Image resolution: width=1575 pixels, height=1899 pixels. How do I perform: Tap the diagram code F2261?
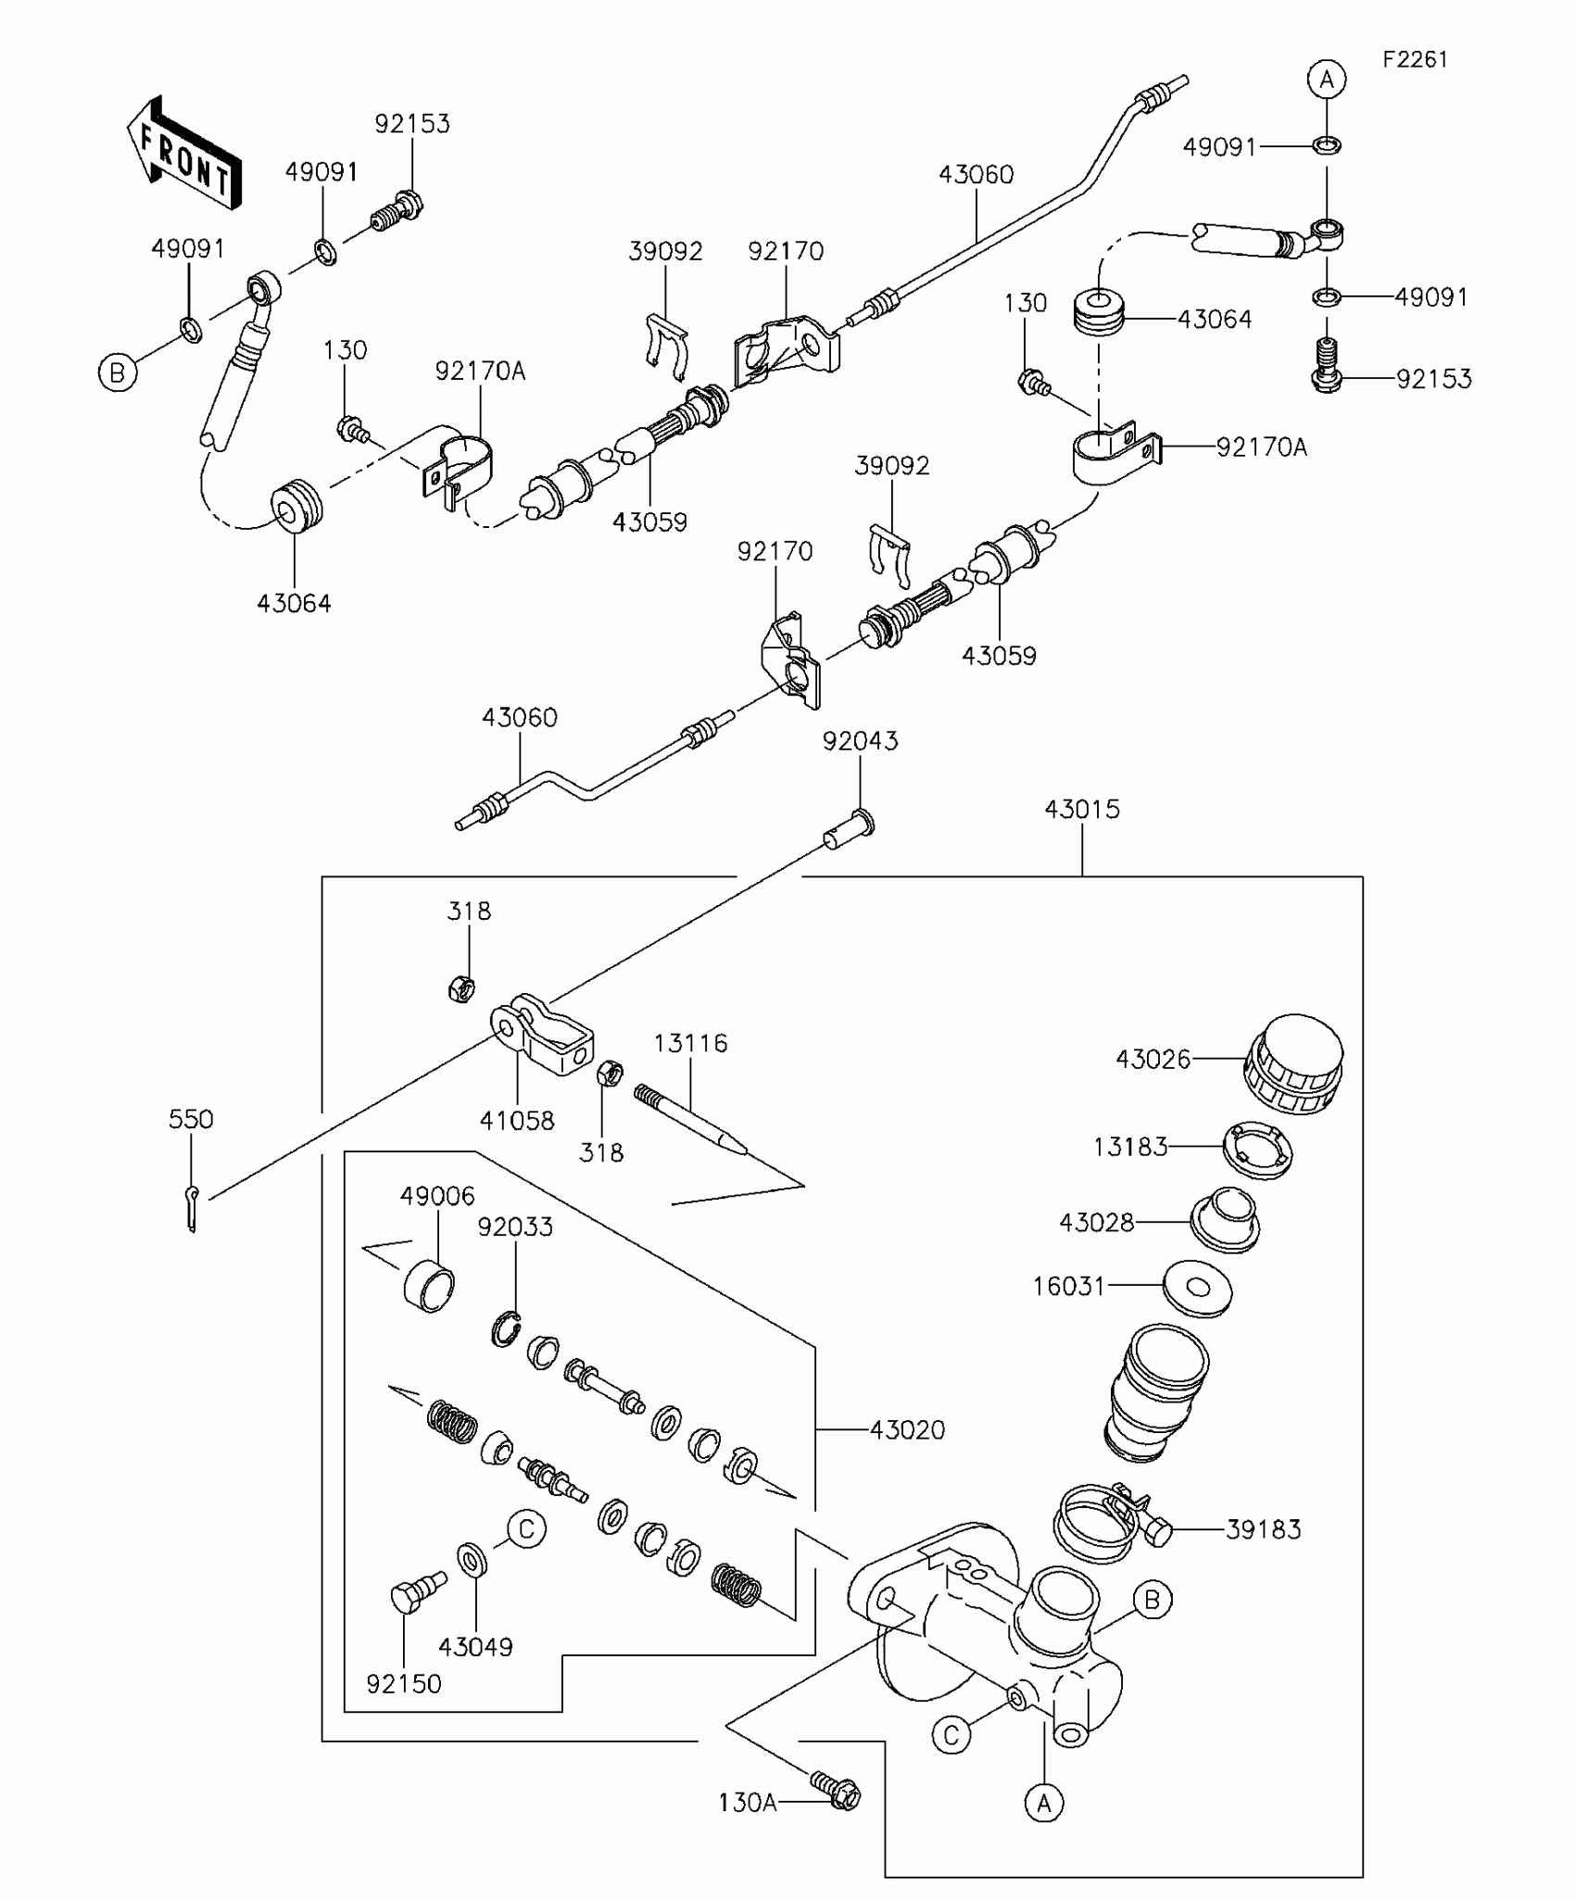tap(1415, 59)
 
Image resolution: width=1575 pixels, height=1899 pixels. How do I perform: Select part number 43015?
tap(1082, 810)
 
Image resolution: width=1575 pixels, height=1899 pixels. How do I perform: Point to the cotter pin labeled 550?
tap(192, 1209)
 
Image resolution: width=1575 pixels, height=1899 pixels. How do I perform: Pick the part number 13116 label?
tap(690, 1043)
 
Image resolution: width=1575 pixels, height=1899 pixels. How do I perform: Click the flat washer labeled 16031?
tap(1198, 1288)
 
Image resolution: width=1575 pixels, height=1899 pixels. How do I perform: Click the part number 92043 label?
tap(860, 741)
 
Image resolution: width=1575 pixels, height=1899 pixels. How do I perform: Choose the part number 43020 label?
tap(907, 1429)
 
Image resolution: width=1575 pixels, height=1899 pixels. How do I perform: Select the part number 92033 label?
tap(515, 1226)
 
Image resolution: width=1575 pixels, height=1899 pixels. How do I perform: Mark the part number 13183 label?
tap(1130, 1147)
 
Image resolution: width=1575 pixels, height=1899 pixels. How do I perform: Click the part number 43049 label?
tap(475, 1647)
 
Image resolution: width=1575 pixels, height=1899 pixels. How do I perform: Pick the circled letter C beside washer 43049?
tap(526, 1528)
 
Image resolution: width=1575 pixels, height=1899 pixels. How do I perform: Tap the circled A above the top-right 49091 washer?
tap(1327, 80)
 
